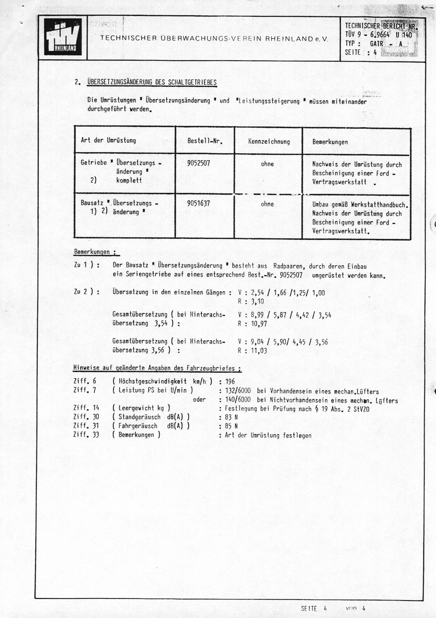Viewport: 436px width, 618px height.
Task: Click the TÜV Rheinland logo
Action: click(x=63, y=37)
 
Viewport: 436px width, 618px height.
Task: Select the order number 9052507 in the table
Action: click(x=198, y=163)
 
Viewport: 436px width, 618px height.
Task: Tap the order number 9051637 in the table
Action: click(x=198, y=204)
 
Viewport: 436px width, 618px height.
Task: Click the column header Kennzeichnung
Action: click(x=269, y=142)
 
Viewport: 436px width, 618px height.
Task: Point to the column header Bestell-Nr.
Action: click(x=205, y=141)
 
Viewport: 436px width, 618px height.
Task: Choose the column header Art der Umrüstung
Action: click(x=108, y=140)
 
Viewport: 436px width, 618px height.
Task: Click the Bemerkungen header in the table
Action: click(x=330, y=142)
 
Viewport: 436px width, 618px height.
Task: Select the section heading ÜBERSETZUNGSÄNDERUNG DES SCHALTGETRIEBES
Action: click(x=152, y=82)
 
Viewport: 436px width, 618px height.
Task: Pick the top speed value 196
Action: click(x=230, y=382)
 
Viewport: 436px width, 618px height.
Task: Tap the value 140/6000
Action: click(x=238, y=400)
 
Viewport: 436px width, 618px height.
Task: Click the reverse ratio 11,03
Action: click(x=259, y=351)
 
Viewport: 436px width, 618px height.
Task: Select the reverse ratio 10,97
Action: click(x=259, y=324)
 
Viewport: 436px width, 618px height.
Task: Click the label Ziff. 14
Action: click(x=86, y=408)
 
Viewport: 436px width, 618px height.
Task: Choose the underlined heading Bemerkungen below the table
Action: click(x=92, y=252)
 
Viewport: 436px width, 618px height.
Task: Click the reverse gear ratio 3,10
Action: click(x=257, y=302)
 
